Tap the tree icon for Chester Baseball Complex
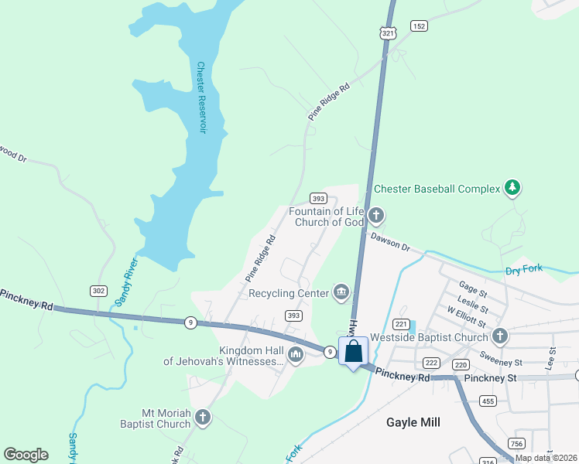point(511,187)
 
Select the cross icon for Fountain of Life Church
point(376,215)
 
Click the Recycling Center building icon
point(340,292)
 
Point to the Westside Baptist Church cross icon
point(500,336)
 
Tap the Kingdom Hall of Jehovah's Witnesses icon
point(295,355)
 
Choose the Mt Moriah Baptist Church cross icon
point(202,418)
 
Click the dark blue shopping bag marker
point(353,352)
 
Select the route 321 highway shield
point(389,32)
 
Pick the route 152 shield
point(419,26)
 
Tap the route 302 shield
point(98,291)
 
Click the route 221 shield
point(401,323)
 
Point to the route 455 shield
point(488,401)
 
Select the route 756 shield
point(517,442)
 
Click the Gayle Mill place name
point(413,422)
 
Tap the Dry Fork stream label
point(524,271)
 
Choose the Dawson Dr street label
point(389,241)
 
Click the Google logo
point(26,455)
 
